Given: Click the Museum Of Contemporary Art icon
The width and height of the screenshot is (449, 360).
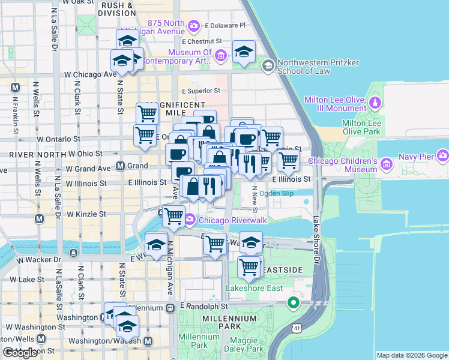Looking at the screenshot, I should pos(221,56).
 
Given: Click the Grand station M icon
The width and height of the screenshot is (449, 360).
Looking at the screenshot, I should pos(121,166).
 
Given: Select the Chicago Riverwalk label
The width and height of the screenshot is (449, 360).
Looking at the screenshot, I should pos(223,220).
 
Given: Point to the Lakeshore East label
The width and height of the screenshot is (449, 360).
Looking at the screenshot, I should pos(253,288).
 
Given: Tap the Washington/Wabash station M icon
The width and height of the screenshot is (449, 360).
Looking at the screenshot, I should pos(148,341).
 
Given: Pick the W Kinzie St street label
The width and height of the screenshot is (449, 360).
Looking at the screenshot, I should pos(86,214).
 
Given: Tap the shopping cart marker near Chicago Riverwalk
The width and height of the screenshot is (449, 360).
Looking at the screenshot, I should pos(173,215).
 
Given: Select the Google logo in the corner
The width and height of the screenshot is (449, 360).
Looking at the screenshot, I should pos(20,353).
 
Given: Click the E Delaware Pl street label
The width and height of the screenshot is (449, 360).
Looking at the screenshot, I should pos(225,26).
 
